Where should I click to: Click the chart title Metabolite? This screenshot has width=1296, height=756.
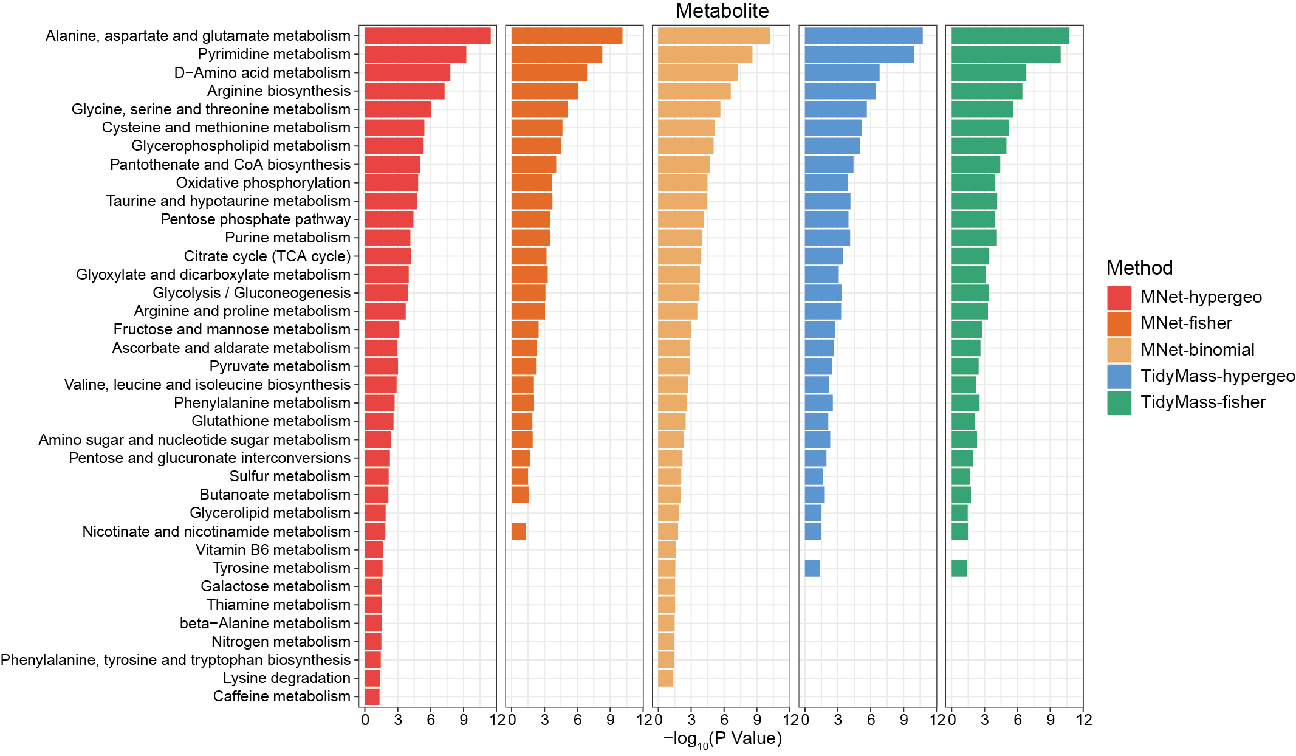click(722, 11)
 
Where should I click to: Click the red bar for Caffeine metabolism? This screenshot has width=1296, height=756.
click(372, 696)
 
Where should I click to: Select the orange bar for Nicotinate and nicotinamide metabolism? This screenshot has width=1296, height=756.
click(518, 532)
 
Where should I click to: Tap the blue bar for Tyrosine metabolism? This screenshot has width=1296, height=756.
click(812, 568)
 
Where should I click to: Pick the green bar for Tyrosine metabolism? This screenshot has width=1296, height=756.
click(959, 568)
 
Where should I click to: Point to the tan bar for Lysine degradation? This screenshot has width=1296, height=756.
click(665, 678)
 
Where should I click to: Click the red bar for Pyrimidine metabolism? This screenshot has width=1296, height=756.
click(415, 54)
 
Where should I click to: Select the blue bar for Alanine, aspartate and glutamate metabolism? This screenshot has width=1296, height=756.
click(863, 36)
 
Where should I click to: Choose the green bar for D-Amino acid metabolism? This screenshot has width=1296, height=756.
click(989, 73)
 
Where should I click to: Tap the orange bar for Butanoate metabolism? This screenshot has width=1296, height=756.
click(519, 495)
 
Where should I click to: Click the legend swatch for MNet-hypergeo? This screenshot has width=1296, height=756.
click(1119, 297)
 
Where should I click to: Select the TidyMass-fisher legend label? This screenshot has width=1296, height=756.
click(1203, 402)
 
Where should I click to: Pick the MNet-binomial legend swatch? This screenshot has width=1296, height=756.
click(1119, 350)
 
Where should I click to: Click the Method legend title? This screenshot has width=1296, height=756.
click(1139, 268)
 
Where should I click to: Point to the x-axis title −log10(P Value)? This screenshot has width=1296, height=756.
click(722, 739)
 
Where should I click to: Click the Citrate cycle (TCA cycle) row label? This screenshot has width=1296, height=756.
click(267, 256)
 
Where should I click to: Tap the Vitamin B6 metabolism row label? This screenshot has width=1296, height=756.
click(273, 550)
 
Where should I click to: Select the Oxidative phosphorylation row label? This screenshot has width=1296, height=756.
click(263, 183)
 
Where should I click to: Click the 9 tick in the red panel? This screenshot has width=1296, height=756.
click(464, 720)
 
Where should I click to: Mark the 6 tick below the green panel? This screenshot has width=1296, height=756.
click(1017, 720)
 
